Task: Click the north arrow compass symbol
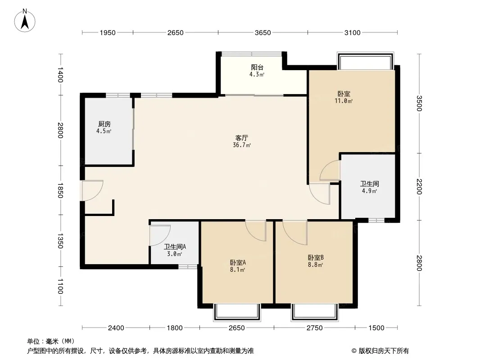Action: click(x=25, y=21)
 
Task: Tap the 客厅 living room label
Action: click(x=242, y=138)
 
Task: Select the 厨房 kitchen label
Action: click(x=104, y=124)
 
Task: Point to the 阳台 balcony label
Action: click(x=257, y=67)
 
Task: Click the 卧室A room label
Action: click(x=238, y=262)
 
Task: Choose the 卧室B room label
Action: click(x=316, y=258)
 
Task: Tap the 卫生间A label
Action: click(x=175, y=247)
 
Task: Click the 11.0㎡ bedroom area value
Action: click(x=344, y=101)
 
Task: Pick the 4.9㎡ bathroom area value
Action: click(x=370, y=191)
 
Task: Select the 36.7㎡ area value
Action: click(x=242, y=145)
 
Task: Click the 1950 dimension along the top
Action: click(x=108, y=33)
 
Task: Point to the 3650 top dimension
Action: click(x=263, y=33)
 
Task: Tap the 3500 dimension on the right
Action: click(x=419, y=103)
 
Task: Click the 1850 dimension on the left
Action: click(x=60, y=190)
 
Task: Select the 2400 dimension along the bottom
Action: click(x=116, y=328)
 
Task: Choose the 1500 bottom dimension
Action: click(x=376, y=328)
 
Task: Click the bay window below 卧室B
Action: click(x=315, y=312)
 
